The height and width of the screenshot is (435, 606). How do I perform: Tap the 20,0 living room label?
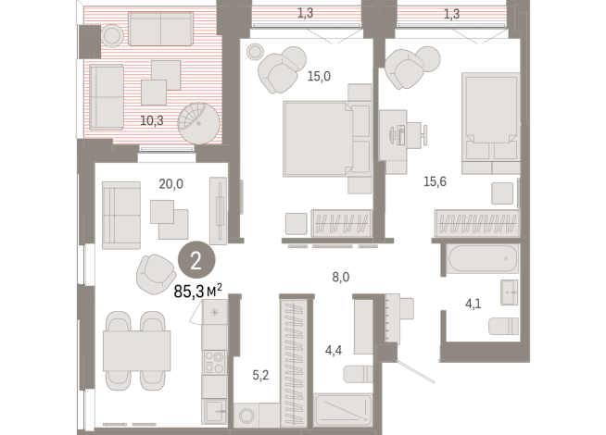tap(171, 183)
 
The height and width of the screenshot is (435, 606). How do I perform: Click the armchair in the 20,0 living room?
tap(155, 271)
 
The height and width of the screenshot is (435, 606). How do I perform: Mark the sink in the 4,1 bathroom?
tap(511, 292)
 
